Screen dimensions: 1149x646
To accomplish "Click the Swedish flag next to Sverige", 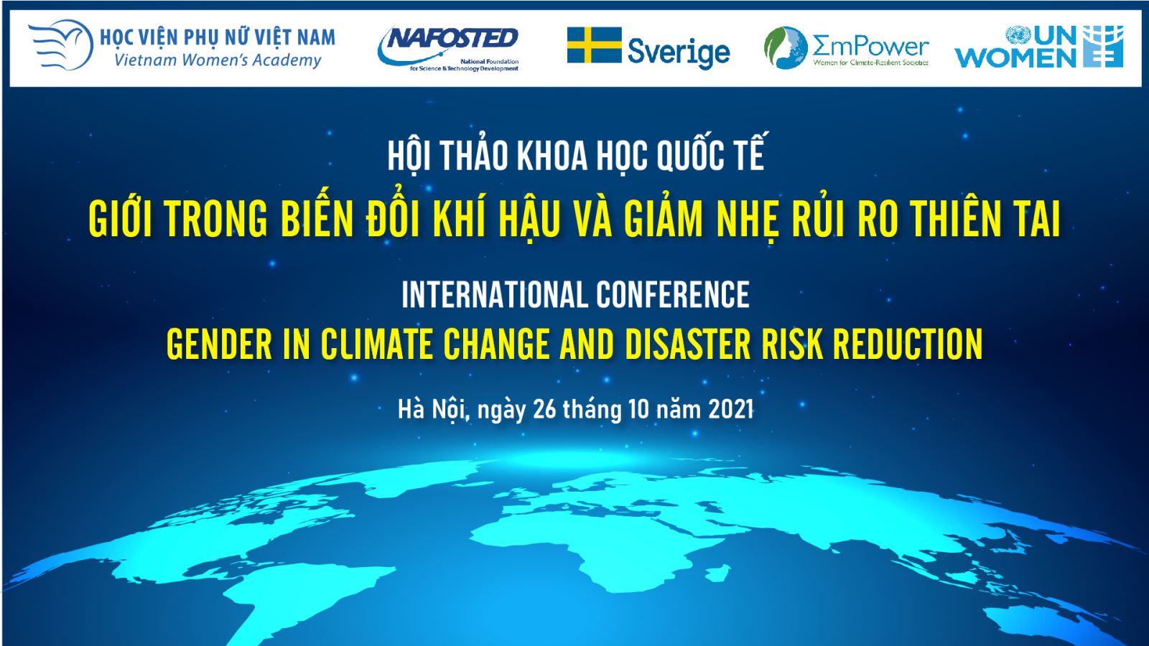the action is point(594,45).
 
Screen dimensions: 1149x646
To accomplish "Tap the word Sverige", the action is point(679,52).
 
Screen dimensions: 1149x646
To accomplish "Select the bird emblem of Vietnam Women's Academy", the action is point(60,45).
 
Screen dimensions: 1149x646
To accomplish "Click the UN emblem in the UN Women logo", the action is point(1018,35).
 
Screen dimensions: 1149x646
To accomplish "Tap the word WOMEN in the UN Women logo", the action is point(1015,58).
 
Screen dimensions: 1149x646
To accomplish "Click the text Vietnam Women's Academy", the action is point(218,60).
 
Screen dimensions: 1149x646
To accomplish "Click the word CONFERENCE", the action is point(672,295).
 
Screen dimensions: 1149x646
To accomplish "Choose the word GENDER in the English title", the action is point(220,344).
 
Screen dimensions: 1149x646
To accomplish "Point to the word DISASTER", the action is point(688,344).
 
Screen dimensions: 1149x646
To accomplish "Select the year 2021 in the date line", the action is point(731,410).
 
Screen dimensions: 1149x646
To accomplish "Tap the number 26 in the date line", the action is point(545,410).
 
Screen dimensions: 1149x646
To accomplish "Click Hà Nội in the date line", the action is point(432,410).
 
